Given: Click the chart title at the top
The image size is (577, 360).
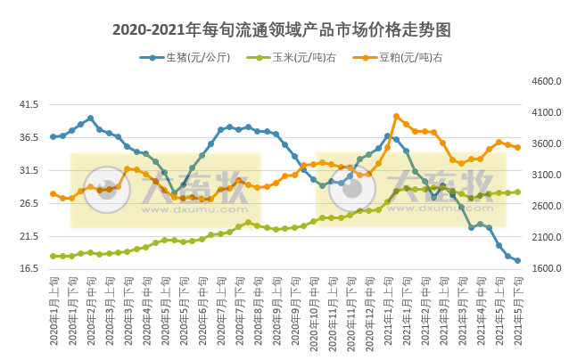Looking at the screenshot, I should point(282,29).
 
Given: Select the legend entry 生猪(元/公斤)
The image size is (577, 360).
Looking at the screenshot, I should point(191,58).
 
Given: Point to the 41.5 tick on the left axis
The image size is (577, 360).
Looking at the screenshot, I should point(29,104).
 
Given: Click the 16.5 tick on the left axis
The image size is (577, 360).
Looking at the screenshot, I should point(29,269).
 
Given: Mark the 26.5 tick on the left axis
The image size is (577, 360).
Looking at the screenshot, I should point(29,203).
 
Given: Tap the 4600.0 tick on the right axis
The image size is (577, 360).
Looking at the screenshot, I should point(546,81).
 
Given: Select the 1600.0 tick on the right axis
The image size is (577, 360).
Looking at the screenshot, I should point(546,269).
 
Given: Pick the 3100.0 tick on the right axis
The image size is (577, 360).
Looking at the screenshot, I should point(546,175).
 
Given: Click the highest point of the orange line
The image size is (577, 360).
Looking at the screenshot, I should point(397,116).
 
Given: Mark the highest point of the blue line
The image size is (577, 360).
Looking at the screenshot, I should point(90,118).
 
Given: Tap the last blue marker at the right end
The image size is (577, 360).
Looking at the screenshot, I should point(517,261).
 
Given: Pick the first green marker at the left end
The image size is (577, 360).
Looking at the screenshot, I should point(54,256).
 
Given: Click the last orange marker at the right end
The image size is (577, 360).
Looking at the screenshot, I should point(517,147).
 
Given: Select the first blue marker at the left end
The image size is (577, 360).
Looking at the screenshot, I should point(54,136).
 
